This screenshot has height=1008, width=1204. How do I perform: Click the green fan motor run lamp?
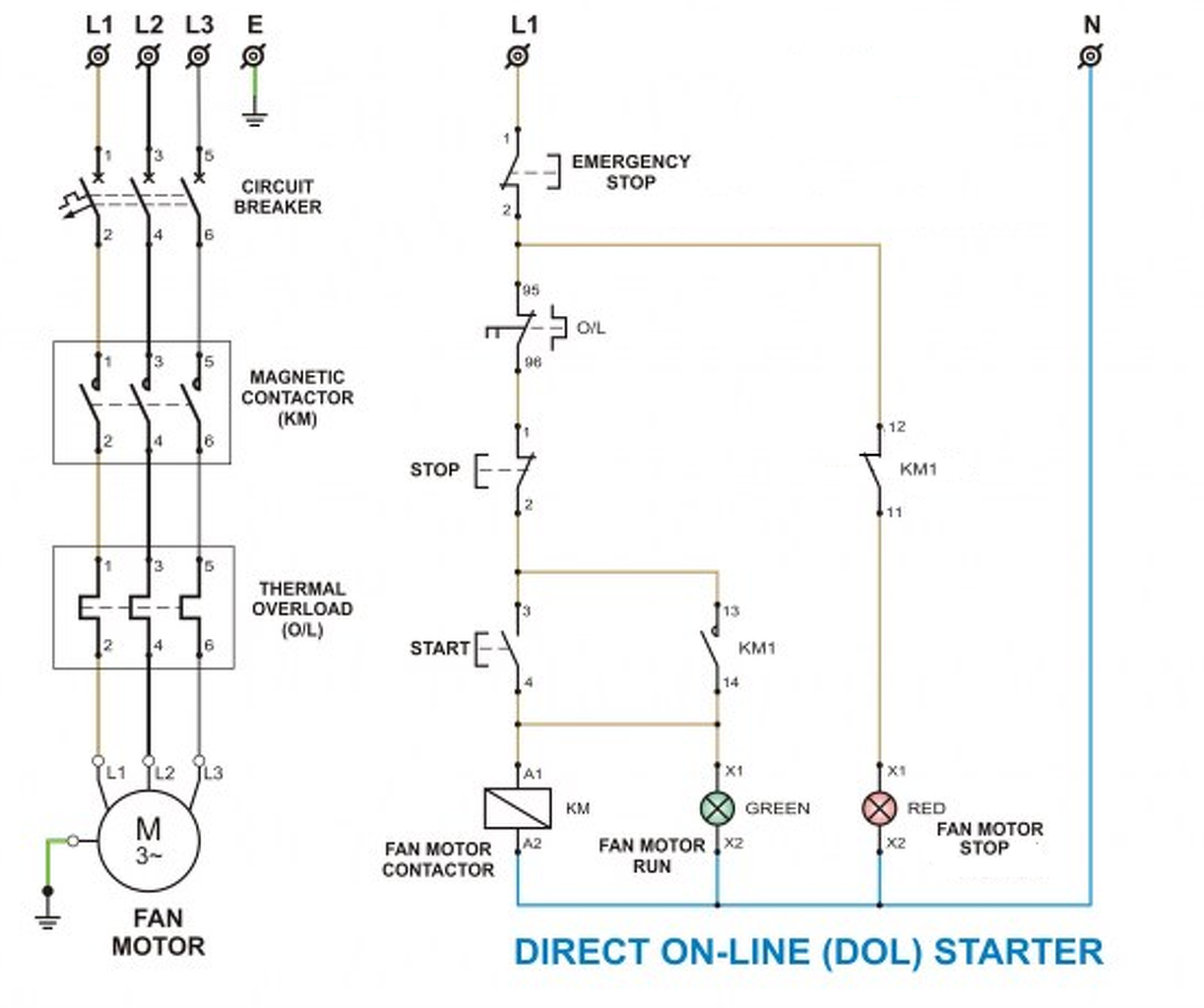point(718,808)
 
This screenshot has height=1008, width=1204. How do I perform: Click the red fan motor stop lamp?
point(879,808)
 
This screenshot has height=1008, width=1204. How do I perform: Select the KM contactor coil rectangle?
point(517,808)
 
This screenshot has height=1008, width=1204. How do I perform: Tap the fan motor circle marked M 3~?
point(149,841)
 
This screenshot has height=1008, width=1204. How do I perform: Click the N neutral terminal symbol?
point(1091,56)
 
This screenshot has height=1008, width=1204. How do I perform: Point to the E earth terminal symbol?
point(254,56)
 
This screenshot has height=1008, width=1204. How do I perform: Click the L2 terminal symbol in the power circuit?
point(149,56)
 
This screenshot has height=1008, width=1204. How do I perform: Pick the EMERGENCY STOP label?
point(631,172)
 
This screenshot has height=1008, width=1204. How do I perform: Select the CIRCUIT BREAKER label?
point(278,197)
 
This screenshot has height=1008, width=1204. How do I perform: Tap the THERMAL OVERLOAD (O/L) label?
point(302,609)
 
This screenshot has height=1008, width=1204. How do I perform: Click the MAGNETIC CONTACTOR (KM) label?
point(297,398)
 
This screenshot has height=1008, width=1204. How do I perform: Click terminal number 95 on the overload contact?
point(531,290)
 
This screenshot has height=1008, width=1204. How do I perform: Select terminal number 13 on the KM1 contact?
point(731,610)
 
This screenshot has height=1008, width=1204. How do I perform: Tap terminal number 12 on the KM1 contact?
point(897,427)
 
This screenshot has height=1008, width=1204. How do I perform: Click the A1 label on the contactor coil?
point(533,774)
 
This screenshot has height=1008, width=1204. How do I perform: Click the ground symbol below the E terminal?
point(254,119)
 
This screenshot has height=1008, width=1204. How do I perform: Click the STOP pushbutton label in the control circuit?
point(435,470)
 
